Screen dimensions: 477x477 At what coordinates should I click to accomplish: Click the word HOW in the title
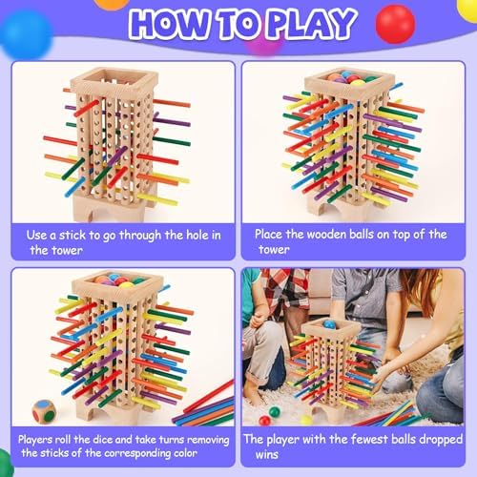169,24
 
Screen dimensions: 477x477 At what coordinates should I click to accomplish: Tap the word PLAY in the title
311,23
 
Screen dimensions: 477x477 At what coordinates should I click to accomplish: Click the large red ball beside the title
395,24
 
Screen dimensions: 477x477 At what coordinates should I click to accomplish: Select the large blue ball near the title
26,34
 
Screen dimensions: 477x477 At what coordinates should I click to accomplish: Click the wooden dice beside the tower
44,411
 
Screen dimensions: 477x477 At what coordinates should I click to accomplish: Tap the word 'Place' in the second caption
268,235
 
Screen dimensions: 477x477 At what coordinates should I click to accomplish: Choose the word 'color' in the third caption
185,453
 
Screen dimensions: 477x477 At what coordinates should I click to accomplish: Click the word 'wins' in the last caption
266,454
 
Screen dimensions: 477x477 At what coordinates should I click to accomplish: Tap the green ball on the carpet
275,412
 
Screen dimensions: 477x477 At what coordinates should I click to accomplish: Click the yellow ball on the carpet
306,420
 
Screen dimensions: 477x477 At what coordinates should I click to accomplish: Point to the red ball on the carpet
264,421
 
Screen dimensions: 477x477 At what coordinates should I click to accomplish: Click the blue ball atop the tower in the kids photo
329,324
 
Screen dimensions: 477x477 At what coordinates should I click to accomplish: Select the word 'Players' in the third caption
35,440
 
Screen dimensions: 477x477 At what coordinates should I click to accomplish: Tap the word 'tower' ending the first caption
56,250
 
